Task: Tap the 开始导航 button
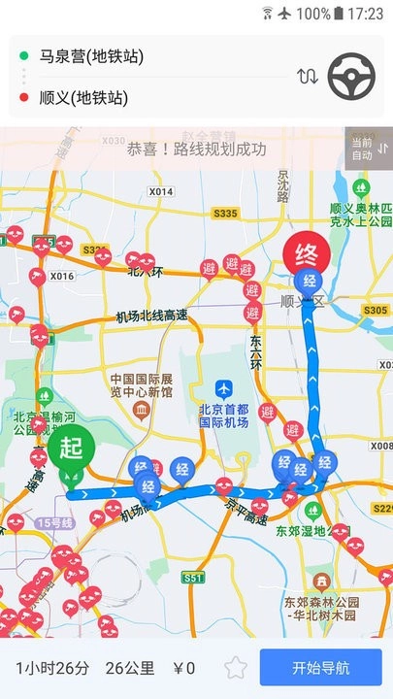320,668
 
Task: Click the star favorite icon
235,668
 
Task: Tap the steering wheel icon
352,75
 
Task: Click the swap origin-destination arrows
308,76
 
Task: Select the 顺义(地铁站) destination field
83,97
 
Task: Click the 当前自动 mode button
367,149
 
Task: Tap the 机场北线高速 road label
150,316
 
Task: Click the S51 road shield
194,578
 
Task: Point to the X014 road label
161,192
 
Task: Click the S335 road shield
225,213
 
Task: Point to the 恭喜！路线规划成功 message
196,150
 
